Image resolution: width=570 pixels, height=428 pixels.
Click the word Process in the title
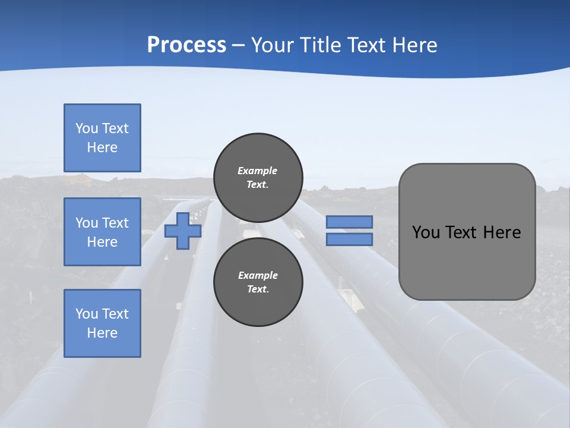click(186, 45)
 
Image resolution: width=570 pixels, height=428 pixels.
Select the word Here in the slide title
click(414, 45)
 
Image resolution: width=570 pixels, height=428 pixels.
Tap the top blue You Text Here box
click(102, 138)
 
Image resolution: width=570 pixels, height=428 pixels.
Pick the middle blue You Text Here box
click(102, 232)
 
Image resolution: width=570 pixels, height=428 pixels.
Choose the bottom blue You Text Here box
click(102, 323)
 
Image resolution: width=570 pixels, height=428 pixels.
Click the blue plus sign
click(183, 231)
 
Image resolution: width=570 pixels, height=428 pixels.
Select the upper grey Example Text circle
click(258, 178)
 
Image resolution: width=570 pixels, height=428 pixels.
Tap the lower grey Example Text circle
click(258, 282)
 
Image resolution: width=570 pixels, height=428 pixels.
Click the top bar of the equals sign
click(349, 222)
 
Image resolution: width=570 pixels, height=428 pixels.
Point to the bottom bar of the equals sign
click(349, 239)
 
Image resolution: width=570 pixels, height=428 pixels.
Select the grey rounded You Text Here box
click(467, 232)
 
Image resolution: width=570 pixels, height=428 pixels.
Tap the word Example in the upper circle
click(258, 171)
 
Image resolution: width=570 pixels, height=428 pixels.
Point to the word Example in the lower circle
click(258, 275)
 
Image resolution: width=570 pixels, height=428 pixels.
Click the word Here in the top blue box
click(102, 147)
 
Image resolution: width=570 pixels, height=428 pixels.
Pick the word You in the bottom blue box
click(87, 314)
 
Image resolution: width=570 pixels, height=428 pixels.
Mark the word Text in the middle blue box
click(115, 223)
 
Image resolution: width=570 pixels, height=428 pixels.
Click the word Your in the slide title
click(274, 45)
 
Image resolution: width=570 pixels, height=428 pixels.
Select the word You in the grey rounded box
click(425, 232)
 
